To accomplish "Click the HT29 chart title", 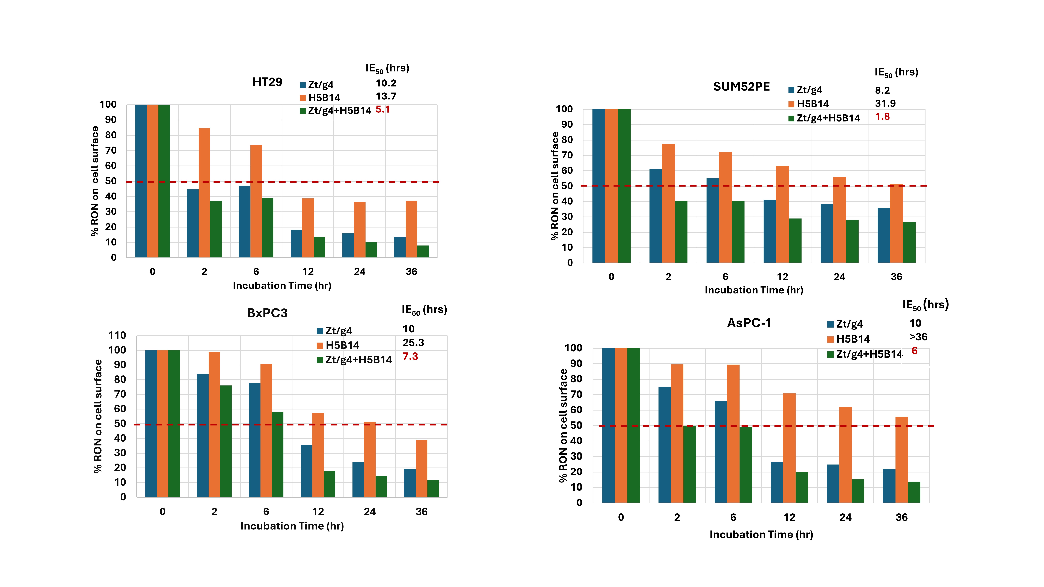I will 267,82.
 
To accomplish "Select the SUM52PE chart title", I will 741,87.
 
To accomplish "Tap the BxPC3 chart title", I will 267,313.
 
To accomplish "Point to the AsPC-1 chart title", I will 749,323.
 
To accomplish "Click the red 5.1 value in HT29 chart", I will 383,109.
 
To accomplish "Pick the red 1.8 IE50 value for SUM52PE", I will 882,117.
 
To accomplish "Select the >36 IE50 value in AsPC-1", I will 918,337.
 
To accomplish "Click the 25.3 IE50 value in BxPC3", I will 413,343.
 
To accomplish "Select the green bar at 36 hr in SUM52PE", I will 909,242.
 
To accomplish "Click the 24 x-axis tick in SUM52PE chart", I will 839,277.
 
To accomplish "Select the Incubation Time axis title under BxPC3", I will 292,526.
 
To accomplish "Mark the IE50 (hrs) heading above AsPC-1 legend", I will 925,305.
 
